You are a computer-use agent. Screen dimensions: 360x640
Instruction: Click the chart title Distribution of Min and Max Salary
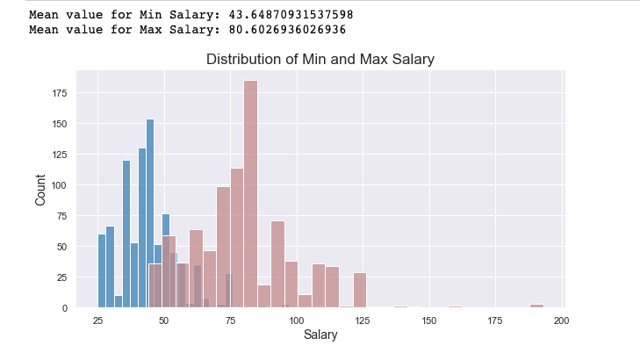click(320, 60)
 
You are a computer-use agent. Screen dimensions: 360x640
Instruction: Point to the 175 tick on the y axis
click(61, 93)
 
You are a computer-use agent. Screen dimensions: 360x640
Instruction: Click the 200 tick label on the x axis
click(562, 321)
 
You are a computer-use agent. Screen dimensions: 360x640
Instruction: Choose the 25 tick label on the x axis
click(97, 321)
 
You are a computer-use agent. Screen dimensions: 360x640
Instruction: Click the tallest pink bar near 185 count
click(250, 193)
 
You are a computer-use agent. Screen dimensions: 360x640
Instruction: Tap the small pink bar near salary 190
click(536, 306)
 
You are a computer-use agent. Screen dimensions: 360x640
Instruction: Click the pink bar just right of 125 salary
click(359, 291)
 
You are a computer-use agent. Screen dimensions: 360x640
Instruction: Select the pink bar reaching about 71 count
click(277, 264)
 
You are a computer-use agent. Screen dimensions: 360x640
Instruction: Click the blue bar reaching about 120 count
click(126, 234)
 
